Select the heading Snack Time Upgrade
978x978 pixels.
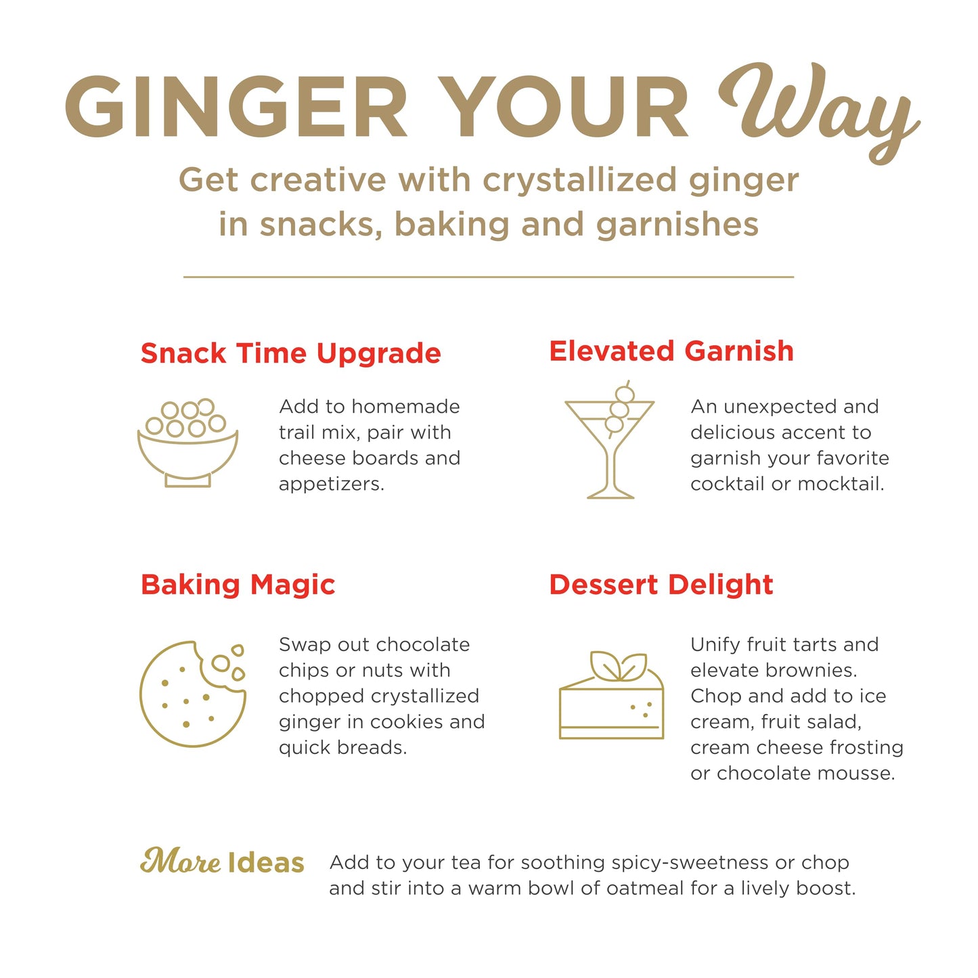pos(291,354)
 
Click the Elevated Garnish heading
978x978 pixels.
pos(671,351)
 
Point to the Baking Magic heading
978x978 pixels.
pos(238,585)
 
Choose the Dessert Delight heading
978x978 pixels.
pos(661,585)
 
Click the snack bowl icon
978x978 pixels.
pos(187,443)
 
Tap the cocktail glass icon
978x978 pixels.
pos(610,439)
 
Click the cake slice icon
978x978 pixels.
pos(611,695)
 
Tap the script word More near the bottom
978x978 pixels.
pos(181,862)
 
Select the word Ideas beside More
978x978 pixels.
pos(266,863)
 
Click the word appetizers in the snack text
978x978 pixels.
pos(331,485)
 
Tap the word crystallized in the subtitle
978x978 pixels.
pos(579,181)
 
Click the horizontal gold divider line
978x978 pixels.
pos(488,277)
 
